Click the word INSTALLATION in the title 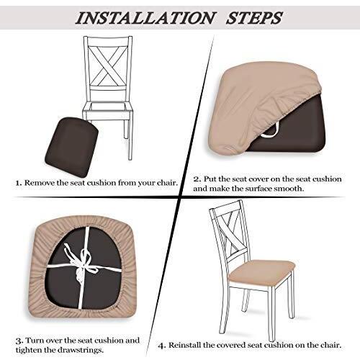pyautogui.click(x=145, y=17)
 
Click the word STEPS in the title pyautogui.click(x=254, y=17)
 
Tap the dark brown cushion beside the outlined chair pyautogui.click(x=71, y=146)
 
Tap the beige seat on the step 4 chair pyautogui.click(x=261, y=271)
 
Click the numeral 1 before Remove pyautogui.click(x=19, y=183)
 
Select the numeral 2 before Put pyautogui.click(x=197, y=179)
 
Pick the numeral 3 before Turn pyautogui.click(x=19, y=341)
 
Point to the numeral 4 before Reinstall pyautogui.click(x=162, y=346)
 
